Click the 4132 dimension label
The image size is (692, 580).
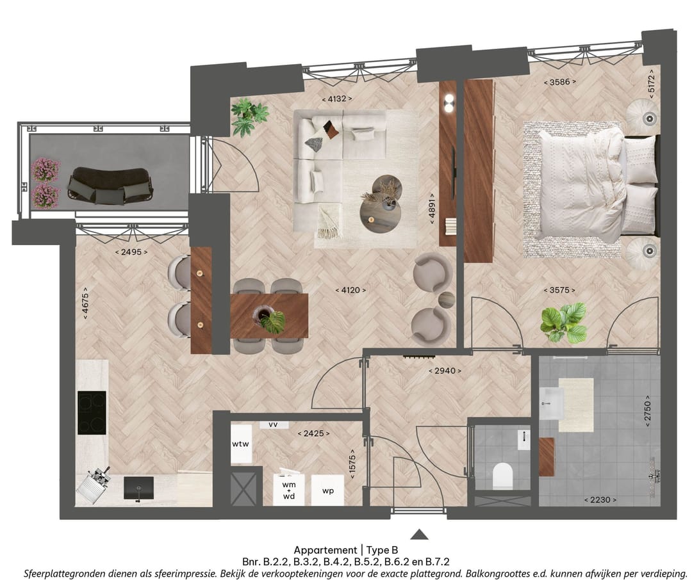pyautogui.click(x=337, y=99)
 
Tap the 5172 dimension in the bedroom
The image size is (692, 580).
pyautogui.click(x=652, y=84)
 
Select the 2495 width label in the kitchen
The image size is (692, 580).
pyautogui.click(x=131, y=252)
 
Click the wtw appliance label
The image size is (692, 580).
pyautogui.click(x=240, y=444)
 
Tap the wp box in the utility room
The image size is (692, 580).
pyautogui.click(x=327, y=490)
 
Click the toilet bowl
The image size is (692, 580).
pyautogui.click(x=502, y=475)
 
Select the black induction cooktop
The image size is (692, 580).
pyautogui.click(x=92, y=412)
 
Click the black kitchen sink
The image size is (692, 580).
pyautogui.click(x=138, y=488)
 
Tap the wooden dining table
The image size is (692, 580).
pyautogui.click(x=269, y=316)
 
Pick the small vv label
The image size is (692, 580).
pyautogui.click(x=273, y=424)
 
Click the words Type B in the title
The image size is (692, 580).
pyautogui.click(x=382, y=550)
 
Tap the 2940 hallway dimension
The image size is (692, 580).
pyautogui.click(x=445, y=371)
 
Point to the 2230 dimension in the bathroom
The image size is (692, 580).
pyautogui.click(x=600, y=500)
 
